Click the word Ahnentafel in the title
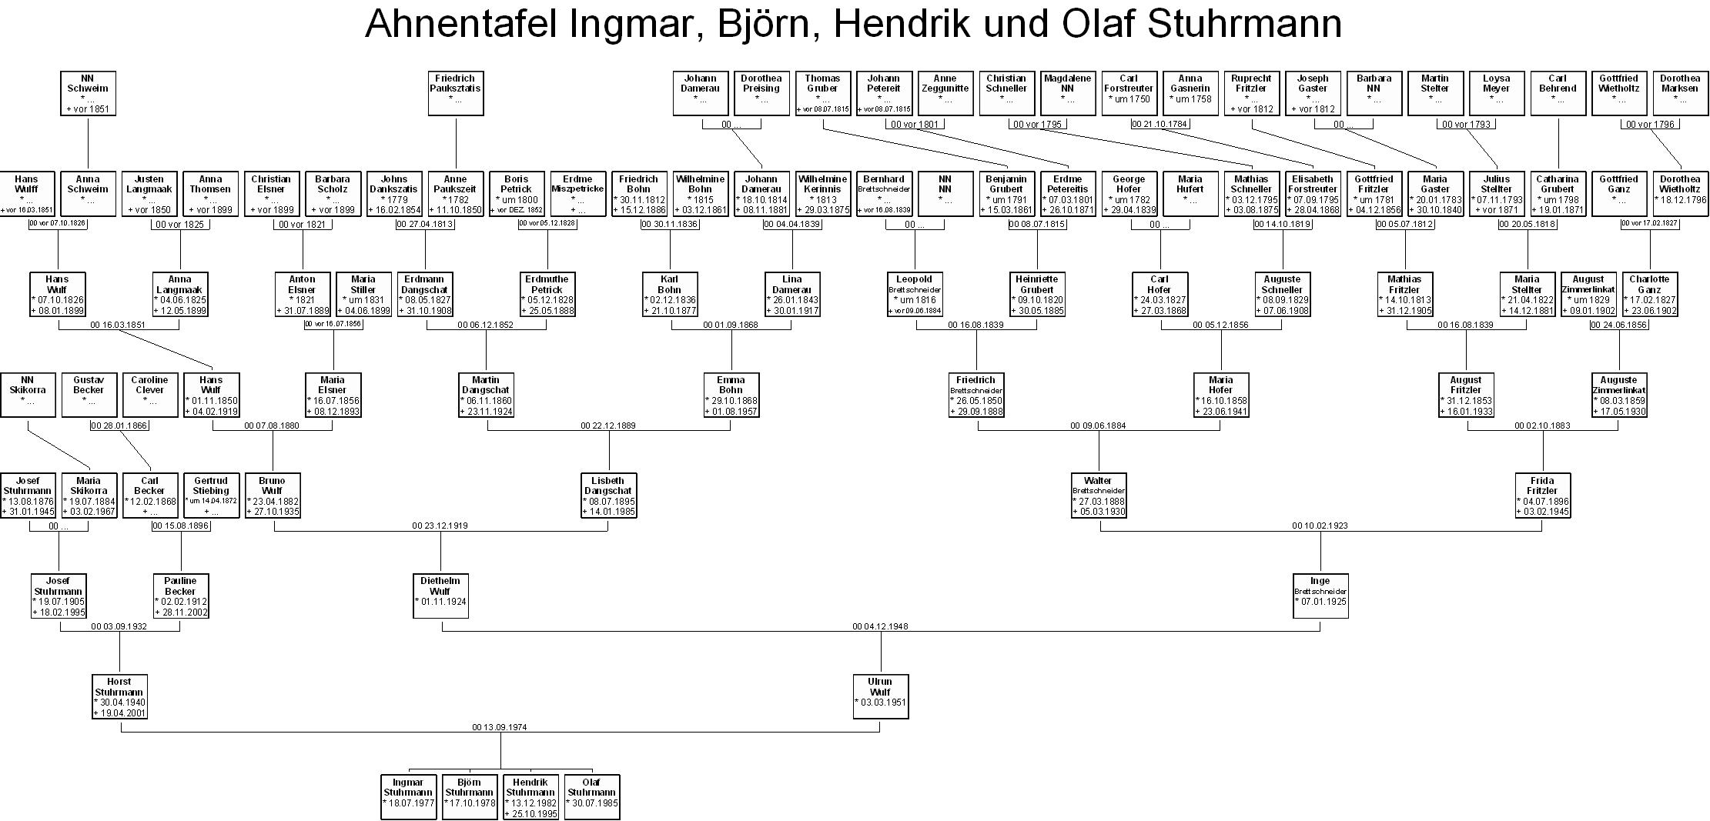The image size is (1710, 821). click(461, 24)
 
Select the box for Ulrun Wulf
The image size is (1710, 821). click(880, 696)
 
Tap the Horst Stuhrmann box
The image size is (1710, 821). click(119, 696)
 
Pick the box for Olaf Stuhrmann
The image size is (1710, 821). click(591, 797)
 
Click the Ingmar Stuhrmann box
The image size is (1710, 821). click(408, 797)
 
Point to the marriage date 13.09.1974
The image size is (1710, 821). click(500, 727)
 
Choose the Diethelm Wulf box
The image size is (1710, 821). click(440, 596)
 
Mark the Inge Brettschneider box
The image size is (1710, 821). click(1320, 596)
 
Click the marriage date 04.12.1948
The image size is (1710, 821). click(880, 626)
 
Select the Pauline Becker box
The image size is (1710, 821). click(181, 596)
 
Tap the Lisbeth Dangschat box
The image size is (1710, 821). click(608, 496)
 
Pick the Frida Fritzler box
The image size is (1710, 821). click(1542, 496)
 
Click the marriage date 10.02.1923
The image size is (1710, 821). click(1320, 526)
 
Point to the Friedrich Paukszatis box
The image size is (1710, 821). click(456, 93)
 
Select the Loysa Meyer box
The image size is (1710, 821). click(1496, 93)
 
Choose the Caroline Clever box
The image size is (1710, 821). click(149, 395)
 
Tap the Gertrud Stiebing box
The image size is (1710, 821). click(211, 496)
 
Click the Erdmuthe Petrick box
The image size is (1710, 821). click(547, 294)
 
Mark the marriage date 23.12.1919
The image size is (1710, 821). click(440, 526)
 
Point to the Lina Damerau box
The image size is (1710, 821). click(791, 294)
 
